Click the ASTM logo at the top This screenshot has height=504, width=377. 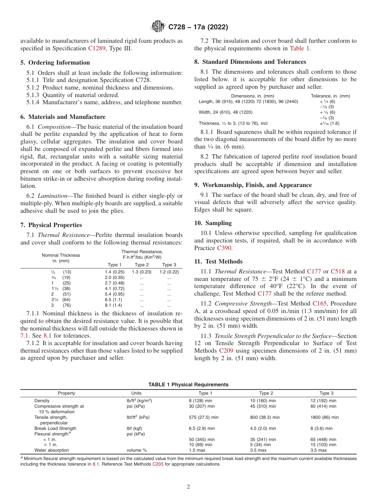point(158,27)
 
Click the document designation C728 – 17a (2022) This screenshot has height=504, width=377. point(198,27)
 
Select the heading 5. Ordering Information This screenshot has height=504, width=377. point(55,63)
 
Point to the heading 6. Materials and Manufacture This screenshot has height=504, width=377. point(63,117)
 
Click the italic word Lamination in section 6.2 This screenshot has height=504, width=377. point(54,196)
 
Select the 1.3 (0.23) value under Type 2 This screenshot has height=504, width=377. point(142,272)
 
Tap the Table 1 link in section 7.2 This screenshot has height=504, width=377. point(300,48)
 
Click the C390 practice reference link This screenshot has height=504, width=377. point(224,248)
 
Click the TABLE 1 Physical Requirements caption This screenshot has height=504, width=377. point(188,385)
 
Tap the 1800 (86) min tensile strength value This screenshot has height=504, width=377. point(324,417)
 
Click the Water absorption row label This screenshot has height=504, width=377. point(52,450)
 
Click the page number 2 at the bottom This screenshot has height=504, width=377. point(188,487)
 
